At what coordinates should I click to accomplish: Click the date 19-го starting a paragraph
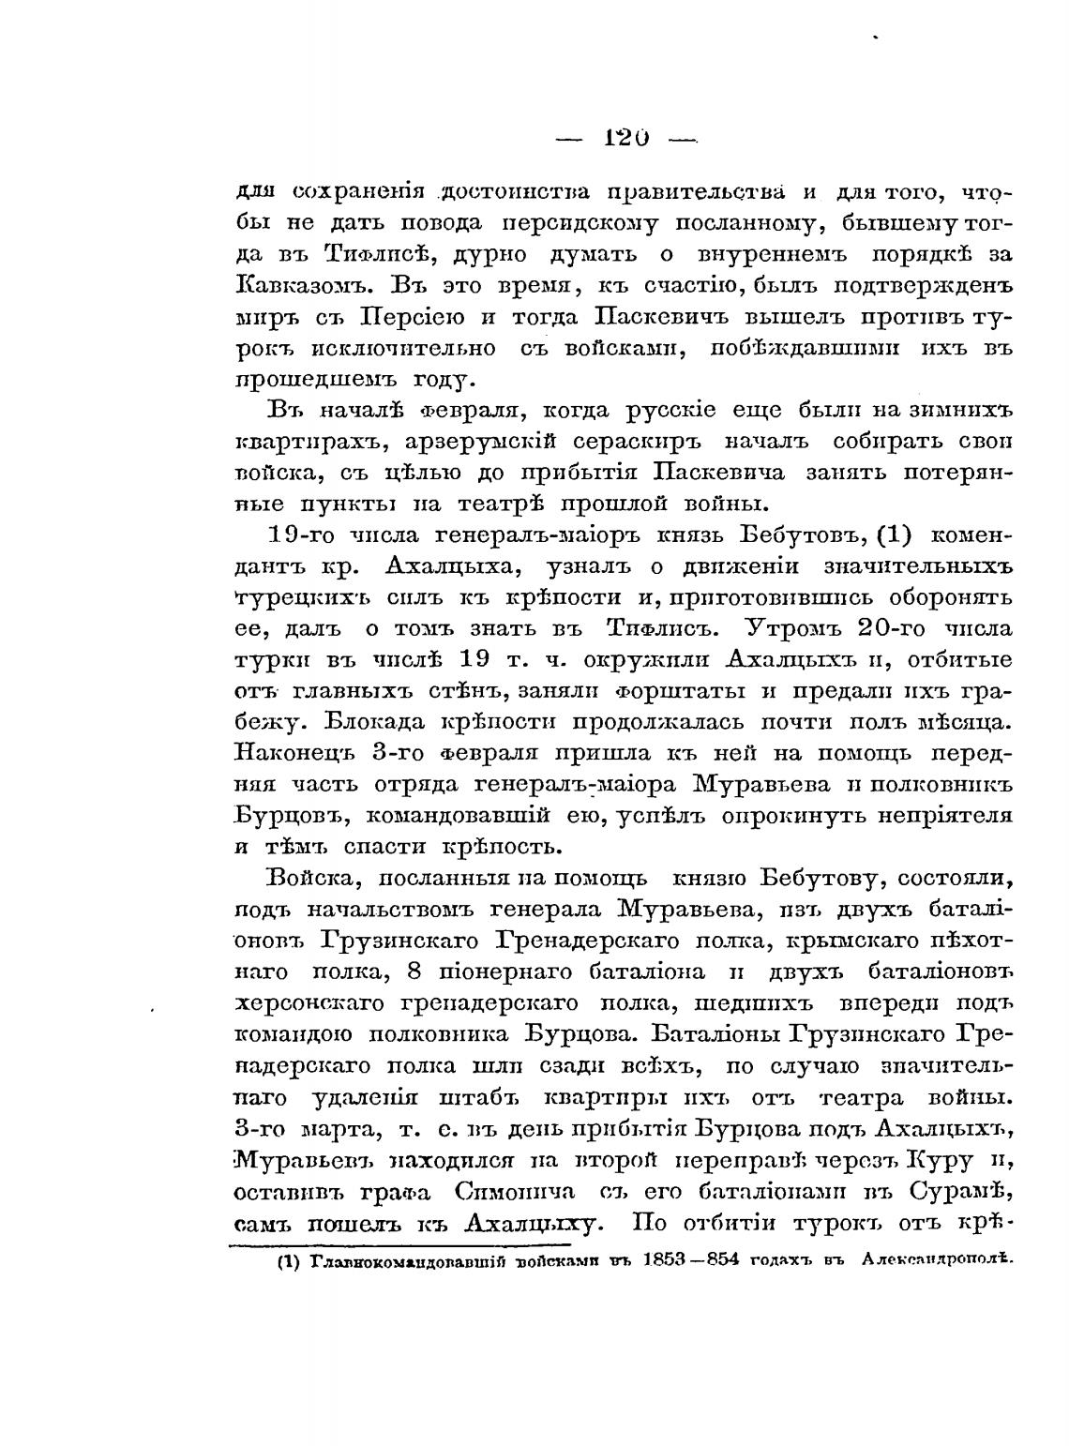point(301,535)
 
